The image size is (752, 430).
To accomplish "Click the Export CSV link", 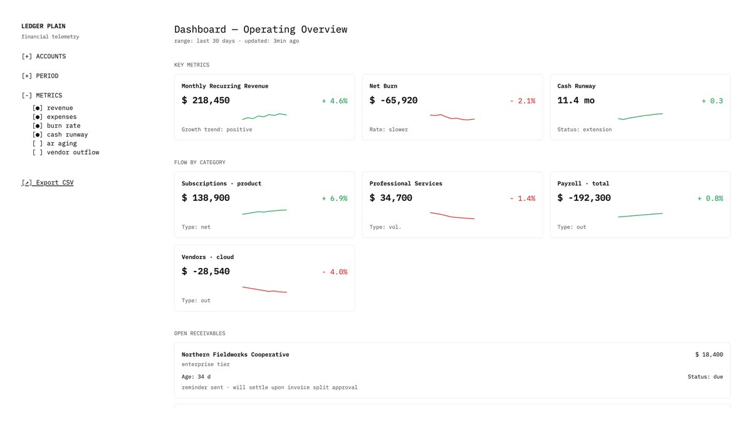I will click(48, 183).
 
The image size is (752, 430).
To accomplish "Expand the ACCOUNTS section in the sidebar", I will click(44, 56).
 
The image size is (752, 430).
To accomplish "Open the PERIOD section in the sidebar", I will click(40, 76).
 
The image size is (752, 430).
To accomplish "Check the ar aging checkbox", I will click(38, 143).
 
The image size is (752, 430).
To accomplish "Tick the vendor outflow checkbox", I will click(38, 152).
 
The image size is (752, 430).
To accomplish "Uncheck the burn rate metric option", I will click(38, 126).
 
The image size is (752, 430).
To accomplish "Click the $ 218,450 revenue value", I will click(206, 101).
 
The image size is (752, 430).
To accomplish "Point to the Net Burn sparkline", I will click(452, 117).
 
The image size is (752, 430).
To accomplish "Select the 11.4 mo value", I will click(576, 101).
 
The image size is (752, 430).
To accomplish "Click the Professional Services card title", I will click(405, 183).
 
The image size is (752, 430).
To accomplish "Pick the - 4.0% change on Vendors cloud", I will click(334, 272).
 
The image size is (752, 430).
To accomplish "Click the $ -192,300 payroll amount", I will click(584, 198).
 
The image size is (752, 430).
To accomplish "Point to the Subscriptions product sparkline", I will click(264, 212).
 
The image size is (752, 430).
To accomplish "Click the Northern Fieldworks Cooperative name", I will click(235, 354).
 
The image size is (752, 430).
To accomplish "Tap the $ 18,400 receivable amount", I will click(709, 354).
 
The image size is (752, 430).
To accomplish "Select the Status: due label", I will click(705, 377).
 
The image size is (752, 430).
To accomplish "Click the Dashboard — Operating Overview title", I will click(260, 29).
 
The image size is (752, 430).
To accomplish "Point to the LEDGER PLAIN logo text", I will click(43, 26).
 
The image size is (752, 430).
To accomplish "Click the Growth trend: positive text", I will click(217, 130).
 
